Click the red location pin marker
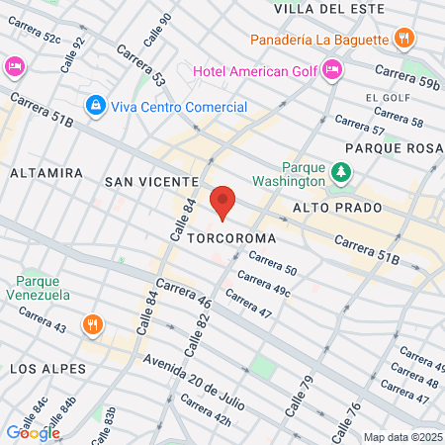222,203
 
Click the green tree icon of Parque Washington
342,173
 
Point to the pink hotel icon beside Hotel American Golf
331,68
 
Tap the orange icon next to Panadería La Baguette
402,39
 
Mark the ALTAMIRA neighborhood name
46,172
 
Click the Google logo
33,432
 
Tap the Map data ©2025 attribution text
401,437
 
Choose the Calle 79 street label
295,397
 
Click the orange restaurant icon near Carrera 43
92,323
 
